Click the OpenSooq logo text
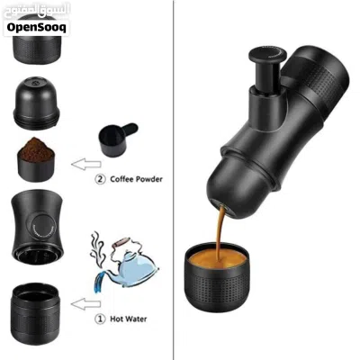[36, 28]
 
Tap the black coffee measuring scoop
[118, 139]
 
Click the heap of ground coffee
[36, 149]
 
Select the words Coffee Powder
[136, 179]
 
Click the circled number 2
[100, 179]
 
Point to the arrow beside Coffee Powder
[86, 164]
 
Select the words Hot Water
[129, 319]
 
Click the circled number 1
[100, 319]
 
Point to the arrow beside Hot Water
[86, 304]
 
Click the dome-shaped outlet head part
[36, 103]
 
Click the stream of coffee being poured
[220, 232]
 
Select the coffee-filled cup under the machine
[217, 276]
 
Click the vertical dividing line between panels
[174, 180]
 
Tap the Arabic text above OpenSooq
[37, 12]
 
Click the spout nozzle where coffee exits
[223, 207]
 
